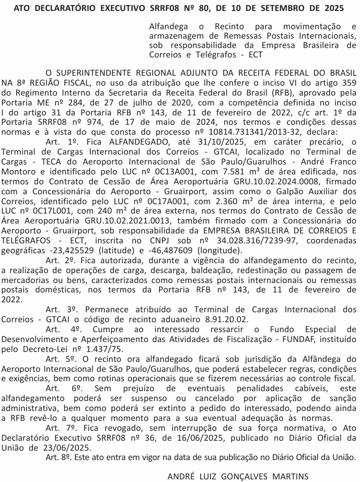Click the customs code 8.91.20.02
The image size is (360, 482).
point(223,319)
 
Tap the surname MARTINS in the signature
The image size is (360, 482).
point(287,476)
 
